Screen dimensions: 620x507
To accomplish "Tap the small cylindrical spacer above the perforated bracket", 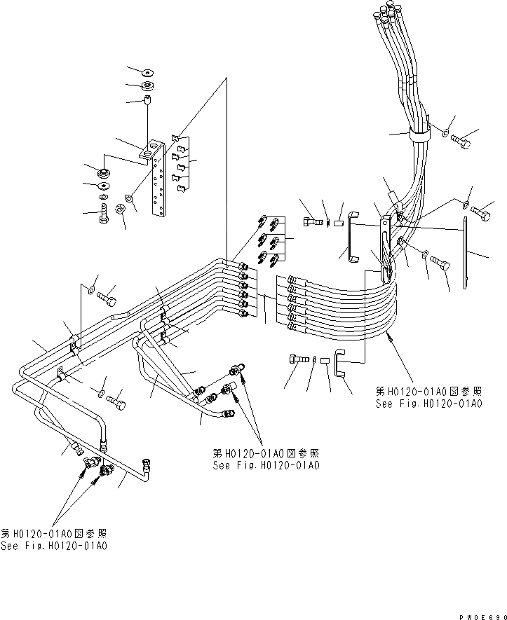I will pos(148,102).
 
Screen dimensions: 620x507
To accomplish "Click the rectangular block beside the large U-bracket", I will pos(338,223).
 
